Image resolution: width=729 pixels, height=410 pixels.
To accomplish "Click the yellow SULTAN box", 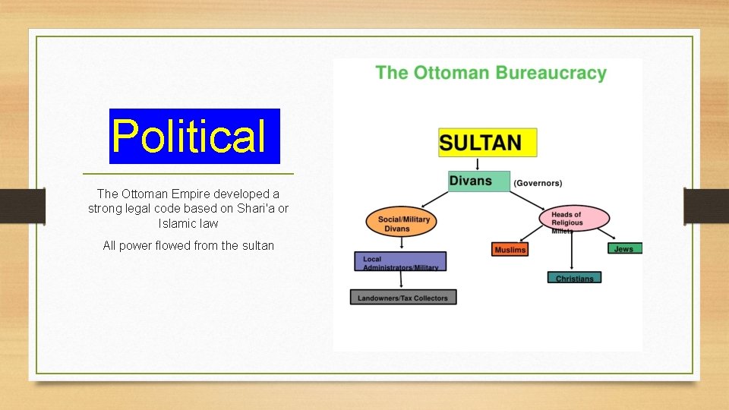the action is [x=488, y=142].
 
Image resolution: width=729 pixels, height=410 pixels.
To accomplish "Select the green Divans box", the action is [x=478, y=181].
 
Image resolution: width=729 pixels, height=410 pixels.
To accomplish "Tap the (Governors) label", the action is [x=538, y=183].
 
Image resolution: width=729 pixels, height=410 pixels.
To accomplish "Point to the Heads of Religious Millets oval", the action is [x=573, y=219].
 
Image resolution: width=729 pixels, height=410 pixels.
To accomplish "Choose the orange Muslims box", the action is [x=510, y=249].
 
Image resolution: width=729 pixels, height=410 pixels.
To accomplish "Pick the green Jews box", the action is [x=624, y=248].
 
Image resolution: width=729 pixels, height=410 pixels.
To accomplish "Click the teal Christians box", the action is [x=574, y=278].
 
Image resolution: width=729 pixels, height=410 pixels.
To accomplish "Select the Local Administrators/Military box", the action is [x=400, y=262].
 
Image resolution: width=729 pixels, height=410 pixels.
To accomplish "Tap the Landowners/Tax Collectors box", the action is [x=404, y=297].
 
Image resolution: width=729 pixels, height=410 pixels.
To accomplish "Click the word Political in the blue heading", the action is [x=189, y=137].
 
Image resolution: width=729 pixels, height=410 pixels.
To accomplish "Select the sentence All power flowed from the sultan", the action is [x=188, y=245].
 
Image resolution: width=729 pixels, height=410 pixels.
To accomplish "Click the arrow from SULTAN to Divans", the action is [x=478, y=163].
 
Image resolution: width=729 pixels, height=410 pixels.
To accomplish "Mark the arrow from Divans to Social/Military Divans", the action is [x=435, y=198].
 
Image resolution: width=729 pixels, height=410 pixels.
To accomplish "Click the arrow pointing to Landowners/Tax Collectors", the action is [x=402, y=280].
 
